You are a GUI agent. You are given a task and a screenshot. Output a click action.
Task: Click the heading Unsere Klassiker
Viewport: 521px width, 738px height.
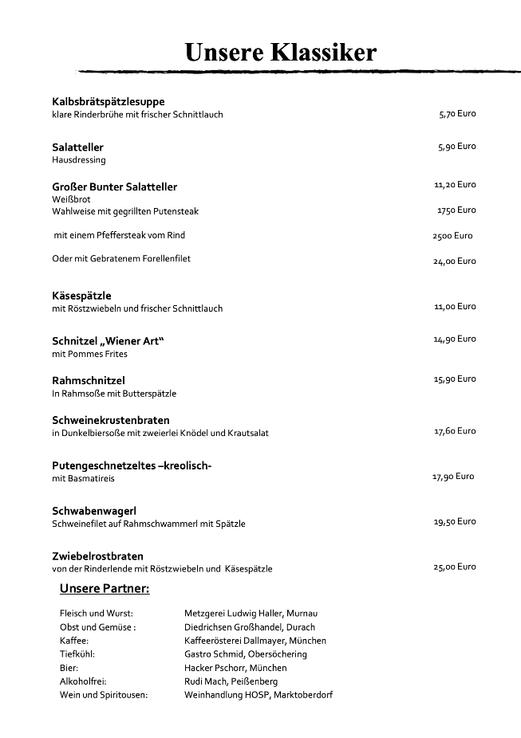click(x=280, y=53)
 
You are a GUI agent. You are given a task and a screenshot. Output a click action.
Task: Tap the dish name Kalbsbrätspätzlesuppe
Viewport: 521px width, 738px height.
click(x=109, y=101)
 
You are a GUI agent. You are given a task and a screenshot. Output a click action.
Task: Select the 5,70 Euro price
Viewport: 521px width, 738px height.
click(x=457, y=114)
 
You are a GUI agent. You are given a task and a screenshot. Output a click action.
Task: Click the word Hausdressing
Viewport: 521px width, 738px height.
click(x=79, y=159)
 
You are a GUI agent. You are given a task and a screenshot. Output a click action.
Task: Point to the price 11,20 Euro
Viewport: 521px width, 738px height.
click(x=455, y=184)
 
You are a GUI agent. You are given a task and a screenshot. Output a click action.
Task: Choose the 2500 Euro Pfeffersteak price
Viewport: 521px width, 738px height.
click(x=452, y=236)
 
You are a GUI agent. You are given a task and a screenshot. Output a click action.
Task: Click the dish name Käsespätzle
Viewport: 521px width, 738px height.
click(x=81, y=296)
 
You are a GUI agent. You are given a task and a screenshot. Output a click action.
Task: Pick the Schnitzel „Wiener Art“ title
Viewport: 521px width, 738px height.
click(x=108, y=341)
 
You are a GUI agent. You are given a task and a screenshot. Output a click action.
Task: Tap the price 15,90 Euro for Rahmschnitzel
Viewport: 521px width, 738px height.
click(x=455, y=379)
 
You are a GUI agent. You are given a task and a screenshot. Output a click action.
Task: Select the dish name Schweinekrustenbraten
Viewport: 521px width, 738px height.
click(x=111, y=420)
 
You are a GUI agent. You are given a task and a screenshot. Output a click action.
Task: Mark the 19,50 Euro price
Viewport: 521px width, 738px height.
click(x=455, y=521)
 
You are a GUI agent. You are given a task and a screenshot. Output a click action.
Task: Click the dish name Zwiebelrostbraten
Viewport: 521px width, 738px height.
click(x=97, y=556)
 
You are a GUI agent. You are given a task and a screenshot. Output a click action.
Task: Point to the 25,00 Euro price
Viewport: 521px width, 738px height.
click(x=455, y=567)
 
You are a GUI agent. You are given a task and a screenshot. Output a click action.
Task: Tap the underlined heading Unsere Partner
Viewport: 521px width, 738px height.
click(x=105, y=590)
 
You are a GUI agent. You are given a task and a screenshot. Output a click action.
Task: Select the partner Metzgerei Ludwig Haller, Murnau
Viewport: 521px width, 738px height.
click(x=251, y=614)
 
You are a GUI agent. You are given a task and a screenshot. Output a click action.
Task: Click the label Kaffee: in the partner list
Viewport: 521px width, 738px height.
click(x=73, y=641)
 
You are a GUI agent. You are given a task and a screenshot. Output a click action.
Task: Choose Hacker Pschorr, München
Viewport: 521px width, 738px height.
click(x=235, y=668)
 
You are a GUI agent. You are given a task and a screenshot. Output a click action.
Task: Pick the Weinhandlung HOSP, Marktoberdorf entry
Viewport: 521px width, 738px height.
click(x=259, y=695)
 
